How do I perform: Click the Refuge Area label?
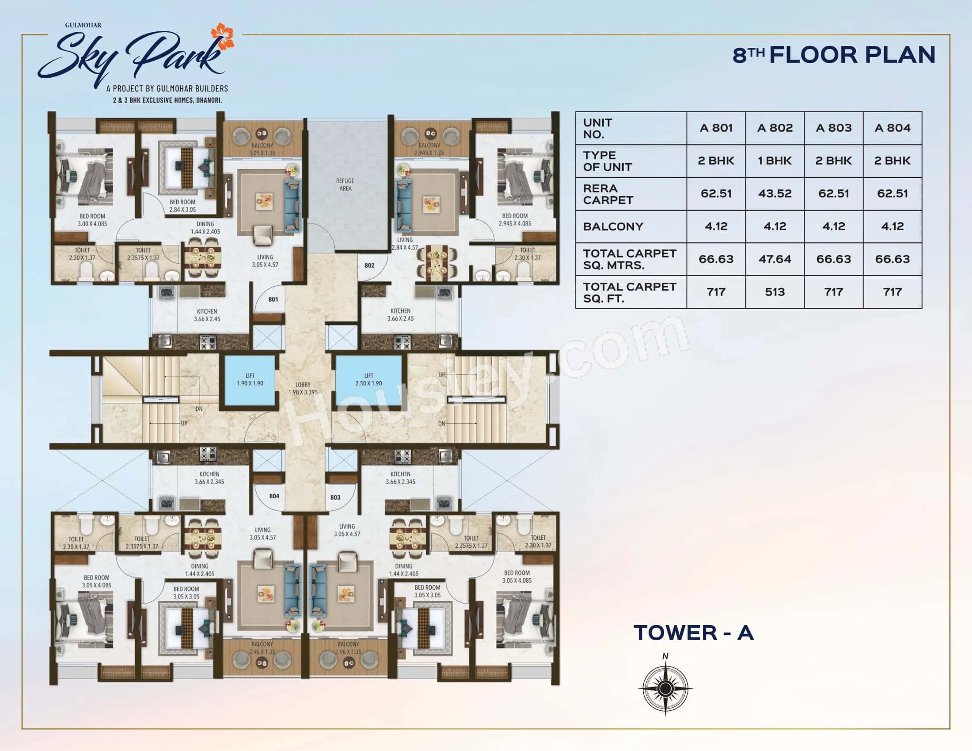346,185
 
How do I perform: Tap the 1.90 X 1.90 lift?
250,379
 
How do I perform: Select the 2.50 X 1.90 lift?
368,379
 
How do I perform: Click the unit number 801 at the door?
273,300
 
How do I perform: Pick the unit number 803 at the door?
335,497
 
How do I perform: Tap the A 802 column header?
775,128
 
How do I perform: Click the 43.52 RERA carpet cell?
775,193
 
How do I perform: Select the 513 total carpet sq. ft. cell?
775,292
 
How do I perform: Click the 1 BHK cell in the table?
775,161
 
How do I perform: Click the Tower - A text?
693,633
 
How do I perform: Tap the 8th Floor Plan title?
834,55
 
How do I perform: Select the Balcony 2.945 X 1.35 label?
429,149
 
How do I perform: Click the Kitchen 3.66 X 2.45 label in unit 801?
207,315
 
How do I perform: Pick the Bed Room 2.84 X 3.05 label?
182,205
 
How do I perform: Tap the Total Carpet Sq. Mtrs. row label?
629,259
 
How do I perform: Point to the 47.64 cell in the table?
775,259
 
